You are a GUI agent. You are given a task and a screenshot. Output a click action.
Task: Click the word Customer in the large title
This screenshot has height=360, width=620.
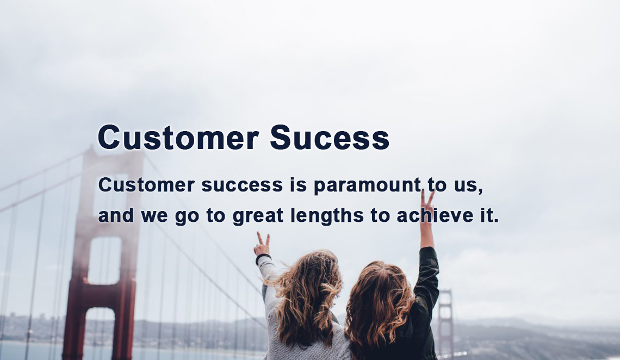[x=178, y=137]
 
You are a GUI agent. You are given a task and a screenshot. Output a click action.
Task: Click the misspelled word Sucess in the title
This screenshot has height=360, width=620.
[x=330, y=137]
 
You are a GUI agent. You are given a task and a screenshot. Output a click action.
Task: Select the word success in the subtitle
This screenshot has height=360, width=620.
[x=242, y=185]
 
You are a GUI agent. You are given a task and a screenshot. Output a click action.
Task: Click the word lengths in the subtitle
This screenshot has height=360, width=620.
[x=327, y=216]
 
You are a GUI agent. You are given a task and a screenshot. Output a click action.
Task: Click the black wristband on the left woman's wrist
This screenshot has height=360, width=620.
[x=263, y=258]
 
